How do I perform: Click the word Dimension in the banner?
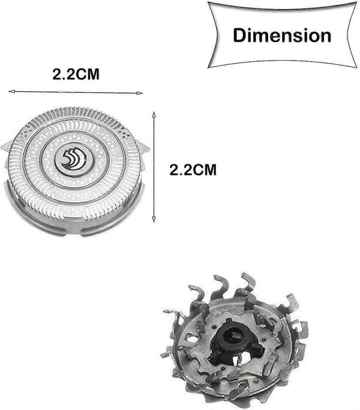282,35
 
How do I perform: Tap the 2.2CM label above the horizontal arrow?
76,74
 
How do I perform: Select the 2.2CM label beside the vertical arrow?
193,170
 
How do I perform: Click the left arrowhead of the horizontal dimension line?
10,91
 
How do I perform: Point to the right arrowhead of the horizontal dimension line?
140,93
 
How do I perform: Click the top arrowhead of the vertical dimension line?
154,114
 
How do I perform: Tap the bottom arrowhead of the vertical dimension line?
154,220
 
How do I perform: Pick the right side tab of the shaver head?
145,148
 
